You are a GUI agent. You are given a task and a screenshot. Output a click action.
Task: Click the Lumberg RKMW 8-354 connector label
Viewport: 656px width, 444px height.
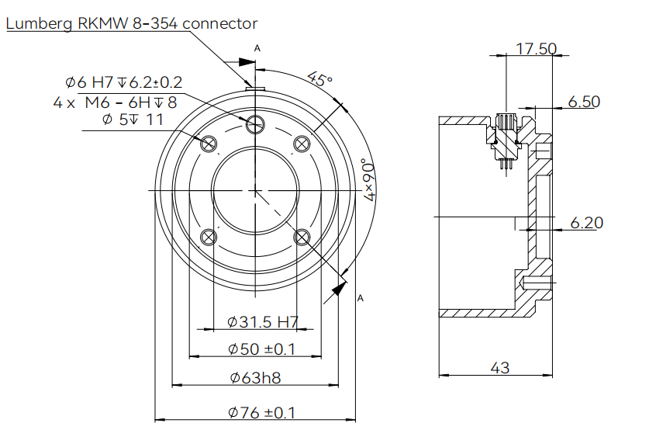132,24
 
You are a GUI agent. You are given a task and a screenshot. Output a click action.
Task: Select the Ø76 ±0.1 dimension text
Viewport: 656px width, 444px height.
262,412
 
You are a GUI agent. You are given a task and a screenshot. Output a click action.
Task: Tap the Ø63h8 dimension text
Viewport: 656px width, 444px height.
255,378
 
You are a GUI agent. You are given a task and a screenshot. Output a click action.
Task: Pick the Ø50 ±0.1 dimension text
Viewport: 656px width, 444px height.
262,349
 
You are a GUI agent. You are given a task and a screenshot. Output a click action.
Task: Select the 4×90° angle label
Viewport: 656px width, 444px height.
371,180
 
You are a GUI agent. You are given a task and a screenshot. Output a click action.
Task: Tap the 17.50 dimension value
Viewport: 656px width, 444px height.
537,49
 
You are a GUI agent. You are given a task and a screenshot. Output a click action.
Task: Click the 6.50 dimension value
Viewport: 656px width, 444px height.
583,102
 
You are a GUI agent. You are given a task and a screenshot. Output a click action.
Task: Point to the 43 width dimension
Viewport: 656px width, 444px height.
500,368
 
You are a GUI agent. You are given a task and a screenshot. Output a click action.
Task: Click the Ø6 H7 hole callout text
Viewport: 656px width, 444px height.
124,82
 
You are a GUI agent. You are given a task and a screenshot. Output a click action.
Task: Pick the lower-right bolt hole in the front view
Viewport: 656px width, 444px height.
302,236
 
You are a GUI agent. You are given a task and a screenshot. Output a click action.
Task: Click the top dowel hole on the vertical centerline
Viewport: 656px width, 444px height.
255,123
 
